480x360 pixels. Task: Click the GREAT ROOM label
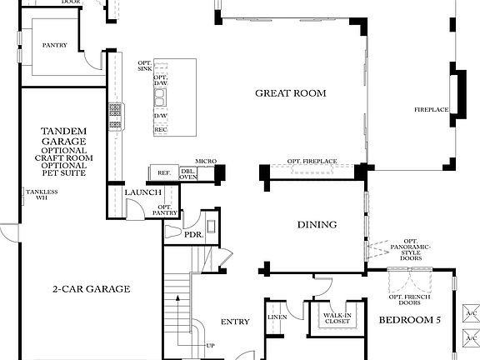[290, 93]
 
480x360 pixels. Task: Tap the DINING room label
[317, 224]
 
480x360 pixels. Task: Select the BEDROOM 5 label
[409, 320]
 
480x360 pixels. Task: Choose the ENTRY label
[235, 322]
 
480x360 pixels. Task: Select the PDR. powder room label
[193, 235]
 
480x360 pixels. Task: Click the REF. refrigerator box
[164, 173]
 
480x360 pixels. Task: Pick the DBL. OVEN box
[188, 173]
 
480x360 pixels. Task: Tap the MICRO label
[206, 161]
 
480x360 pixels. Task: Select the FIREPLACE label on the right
[432, 110]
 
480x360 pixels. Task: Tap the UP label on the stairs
[210, 346]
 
